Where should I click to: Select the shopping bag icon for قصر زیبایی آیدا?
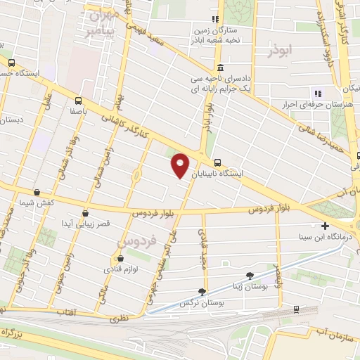point(85,213)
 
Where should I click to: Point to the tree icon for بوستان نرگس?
point(202,292)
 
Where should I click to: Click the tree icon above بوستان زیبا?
point(250,276)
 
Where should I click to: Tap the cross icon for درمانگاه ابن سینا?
point(324,226)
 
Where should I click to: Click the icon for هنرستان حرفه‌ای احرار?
point(317,93)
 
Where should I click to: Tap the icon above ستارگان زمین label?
point(216,20)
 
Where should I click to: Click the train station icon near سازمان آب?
point(296,309)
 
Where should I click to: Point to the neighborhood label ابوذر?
point(280,51)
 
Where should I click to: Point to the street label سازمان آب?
point(335,330)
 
